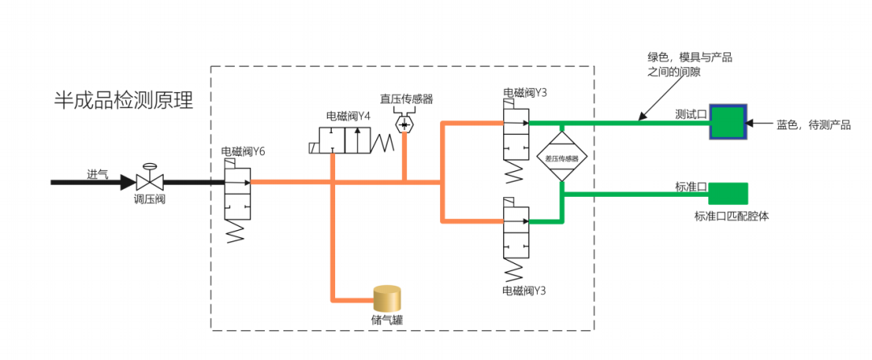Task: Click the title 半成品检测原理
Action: coord(123,100)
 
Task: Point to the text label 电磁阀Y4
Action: coord(348,116)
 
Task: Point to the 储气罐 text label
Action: coord(387,320)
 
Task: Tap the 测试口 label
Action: coord(691,115)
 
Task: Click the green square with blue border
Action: coord(729,122)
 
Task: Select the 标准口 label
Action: coord(691,187)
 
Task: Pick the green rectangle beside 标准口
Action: coord(729,194)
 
